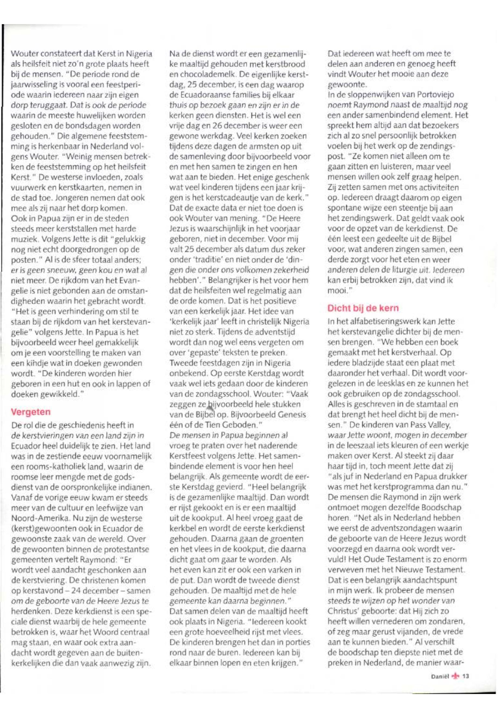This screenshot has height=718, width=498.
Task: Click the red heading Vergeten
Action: point(31,412)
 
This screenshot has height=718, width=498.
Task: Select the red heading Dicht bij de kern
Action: point(363,308)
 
